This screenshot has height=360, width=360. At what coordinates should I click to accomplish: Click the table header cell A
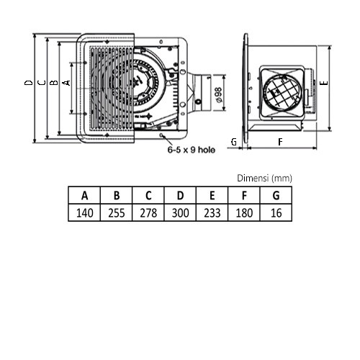[x=84, y=195]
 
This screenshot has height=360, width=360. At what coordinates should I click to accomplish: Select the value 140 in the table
[x=84, y=213]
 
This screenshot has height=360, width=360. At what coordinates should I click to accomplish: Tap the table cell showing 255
[x=117, y=213]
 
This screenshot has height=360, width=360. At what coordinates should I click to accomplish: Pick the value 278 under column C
[x=148, y=213]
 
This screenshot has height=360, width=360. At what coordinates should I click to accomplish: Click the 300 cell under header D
[x=180, y=213]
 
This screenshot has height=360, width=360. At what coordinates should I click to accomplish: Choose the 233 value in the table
[x=212, y=213]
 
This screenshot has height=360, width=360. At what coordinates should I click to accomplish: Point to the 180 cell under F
[x=244, y=213]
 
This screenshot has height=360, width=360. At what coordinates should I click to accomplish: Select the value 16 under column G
[x=276, y=213]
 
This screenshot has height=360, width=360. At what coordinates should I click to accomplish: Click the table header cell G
[x=276, y=195]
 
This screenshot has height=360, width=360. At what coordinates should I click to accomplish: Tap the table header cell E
[x=212, y=195]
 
